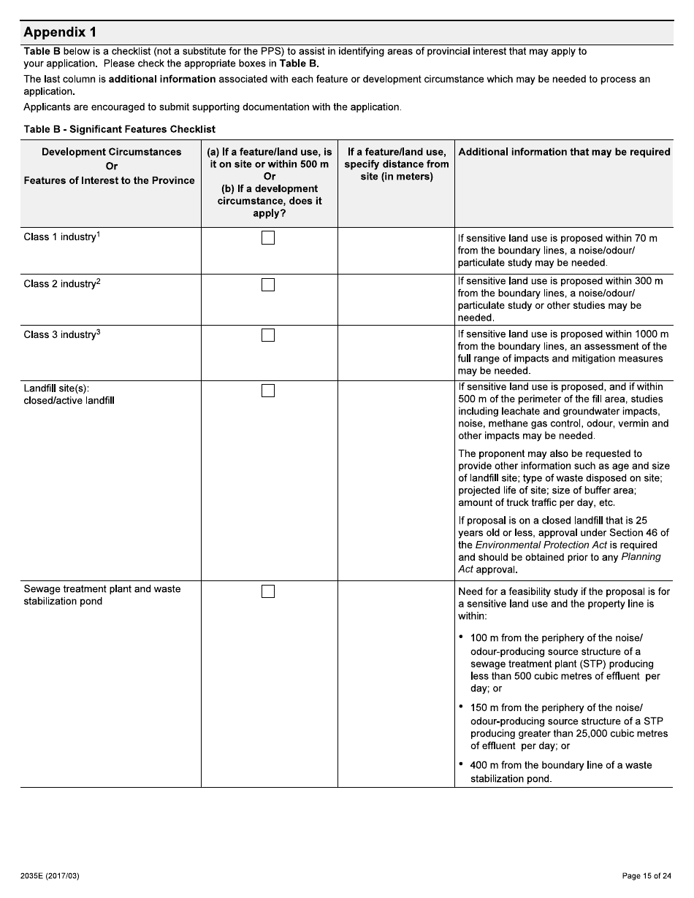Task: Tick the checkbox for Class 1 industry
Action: pyautogui.click(x=268, y=238)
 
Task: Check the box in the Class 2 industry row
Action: pyautogui.click(x=268, y=285)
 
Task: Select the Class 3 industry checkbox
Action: pyautogui.click(x=268, y=335)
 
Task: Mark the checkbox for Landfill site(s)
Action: pyautogui.click(x=268, y=391)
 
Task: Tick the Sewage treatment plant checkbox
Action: pyautogui.click(x=268, y=591)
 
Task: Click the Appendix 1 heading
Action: pyautogui.click(x=60, y=33)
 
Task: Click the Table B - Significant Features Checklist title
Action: pyautogui.click(x=120, y=129)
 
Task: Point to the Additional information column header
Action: pyautogui.click(x=563, y=152)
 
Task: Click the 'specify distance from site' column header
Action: pyautogui.click(x=396, y=164)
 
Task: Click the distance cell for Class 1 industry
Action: pyautogui.click(x=396, y=250)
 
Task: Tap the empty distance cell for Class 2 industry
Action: pyautogui.click(x=396, y=299)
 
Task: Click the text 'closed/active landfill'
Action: pyautogui.click(x=69, y=401)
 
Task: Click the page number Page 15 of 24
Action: pyautogui.click(x=646, y=876)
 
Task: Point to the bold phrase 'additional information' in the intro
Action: pyautogui.click(x=162, y=79)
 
